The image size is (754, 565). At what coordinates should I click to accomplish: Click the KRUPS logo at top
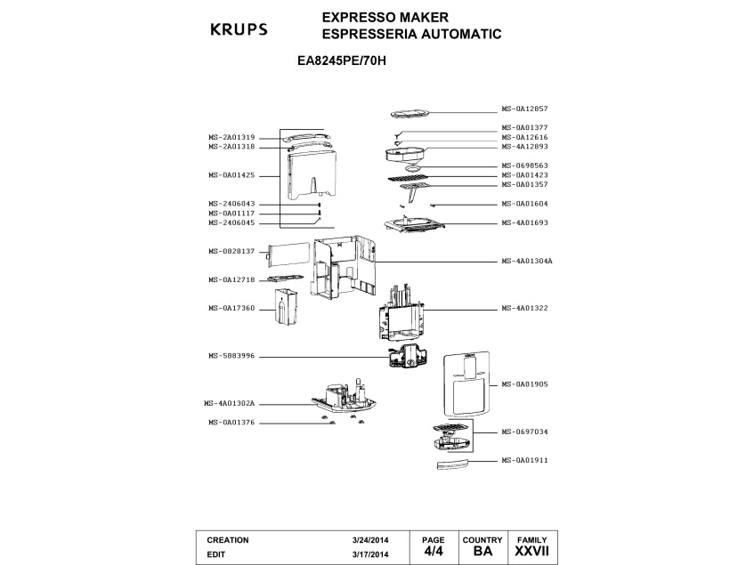click(x=239, y=29)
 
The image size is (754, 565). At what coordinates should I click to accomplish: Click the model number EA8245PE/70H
click(x=342, y=61)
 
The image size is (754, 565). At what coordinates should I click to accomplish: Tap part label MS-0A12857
click(x=524, y=109)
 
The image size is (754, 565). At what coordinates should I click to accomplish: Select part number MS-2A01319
click(x=231, y=137)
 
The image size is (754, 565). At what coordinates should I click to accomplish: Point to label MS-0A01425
click(x=231, y=175)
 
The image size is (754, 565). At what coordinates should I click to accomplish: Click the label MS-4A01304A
click(x=527, y=261)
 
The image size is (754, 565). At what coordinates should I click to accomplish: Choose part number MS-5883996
click(x=231, y=356)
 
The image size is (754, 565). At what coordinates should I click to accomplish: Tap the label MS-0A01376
click(x=231, y=423)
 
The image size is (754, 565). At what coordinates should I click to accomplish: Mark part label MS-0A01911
click(x=524, y=460)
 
